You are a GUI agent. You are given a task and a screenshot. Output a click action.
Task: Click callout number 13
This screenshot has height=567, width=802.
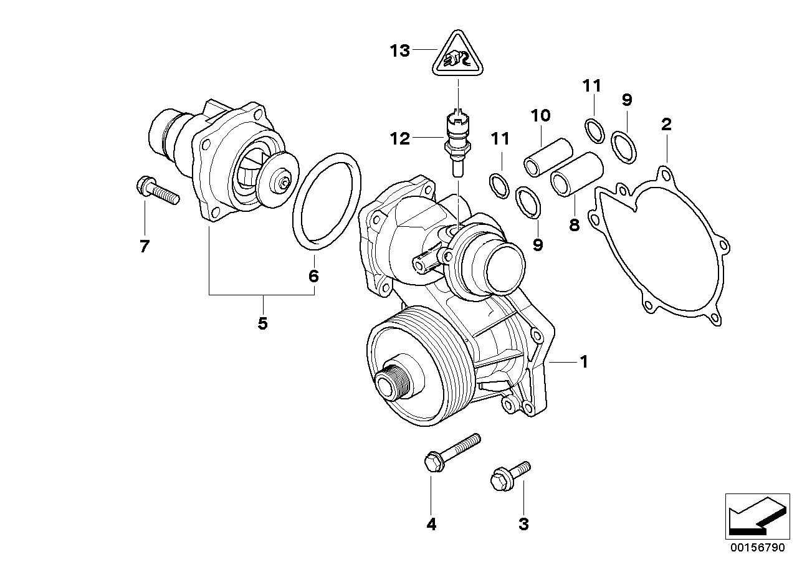[x=400, y=50]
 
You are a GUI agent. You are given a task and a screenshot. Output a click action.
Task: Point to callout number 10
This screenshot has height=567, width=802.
[x=541, y=115]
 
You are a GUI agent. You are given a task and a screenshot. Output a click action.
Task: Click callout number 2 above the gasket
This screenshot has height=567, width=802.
[x=666, y=124]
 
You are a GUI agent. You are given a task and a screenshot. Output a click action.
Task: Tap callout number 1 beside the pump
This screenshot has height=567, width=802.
[x=584, y=361]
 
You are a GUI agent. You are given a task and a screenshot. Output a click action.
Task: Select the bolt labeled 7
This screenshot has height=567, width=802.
[x=156, y=191]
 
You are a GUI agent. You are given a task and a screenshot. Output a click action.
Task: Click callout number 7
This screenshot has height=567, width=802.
[x=145, y=247]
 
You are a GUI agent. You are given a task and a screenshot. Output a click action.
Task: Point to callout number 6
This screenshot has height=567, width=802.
[x=313, y=275]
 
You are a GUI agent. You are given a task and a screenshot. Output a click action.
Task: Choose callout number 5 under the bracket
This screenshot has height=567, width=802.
[x=262, y=323]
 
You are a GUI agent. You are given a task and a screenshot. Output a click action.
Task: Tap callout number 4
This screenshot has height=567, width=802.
[x=431, y=525]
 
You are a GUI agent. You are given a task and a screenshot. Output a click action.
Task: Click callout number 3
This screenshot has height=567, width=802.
[x=523, y=525]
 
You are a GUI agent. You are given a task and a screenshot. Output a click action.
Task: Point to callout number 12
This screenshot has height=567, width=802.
[x=400, y=138]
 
